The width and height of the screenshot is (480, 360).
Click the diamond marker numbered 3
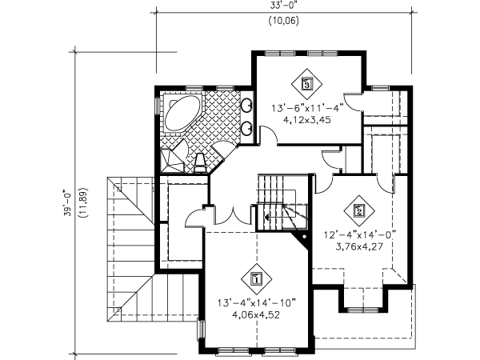(x=307, y=83)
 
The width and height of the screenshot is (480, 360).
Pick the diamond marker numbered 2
(x=359, y=210)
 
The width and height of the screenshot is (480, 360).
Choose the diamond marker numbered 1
(x=257, y=279)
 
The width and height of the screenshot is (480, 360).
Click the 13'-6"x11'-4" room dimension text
(x=307, y=108)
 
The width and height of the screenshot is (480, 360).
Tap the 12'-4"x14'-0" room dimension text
(x=360, y=235)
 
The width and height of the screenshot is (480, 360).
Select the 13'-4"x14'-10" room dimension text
(x=257, y=303)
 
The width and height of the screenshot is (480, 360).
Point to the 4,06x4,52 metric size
(x=257, y=315)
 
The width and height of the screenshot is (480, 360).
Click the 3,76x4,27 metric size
(x=359, y=246)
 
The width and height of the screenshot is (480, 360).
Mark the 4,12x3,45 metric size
(x=307, y=120)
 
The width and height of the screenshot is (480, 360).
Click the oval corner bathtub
(x=182, y=113)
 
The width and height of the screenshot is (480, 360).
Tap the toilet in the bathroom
(x=201, y=162)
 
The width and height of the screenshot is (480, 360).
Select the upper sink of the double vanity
(x=247, y=106)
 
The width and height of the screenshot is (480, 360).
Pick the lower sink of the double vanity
(x=247, y=128)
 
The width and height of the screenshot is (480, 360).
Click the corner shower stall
(x=172, y=157)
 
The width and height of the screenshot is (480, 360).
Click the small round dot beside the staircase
(x=304, y=237)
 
